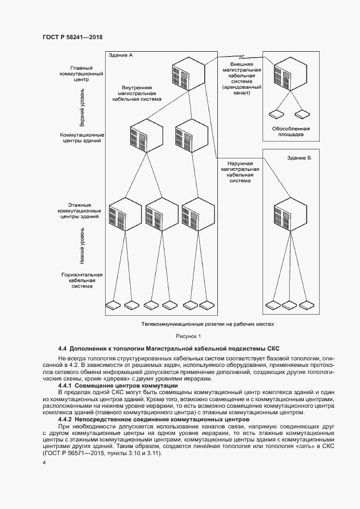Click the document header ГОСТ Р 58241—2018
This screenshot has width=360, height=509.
[x=72, y=37]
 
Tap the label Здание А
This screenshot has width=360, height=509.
[x=120, y=56]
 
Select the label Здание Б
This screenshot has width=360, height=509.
[x=298, y=158]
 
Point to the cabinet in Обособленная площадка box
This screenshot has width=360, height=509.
[x=286, y=74]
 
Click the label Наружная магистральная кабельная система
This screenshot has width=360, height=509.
[x=240, y=171]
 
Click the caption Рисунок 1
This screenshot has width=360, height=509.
[x=188, y=336]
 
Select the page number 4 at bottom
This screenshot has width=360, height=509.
[x=44, y=463]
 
